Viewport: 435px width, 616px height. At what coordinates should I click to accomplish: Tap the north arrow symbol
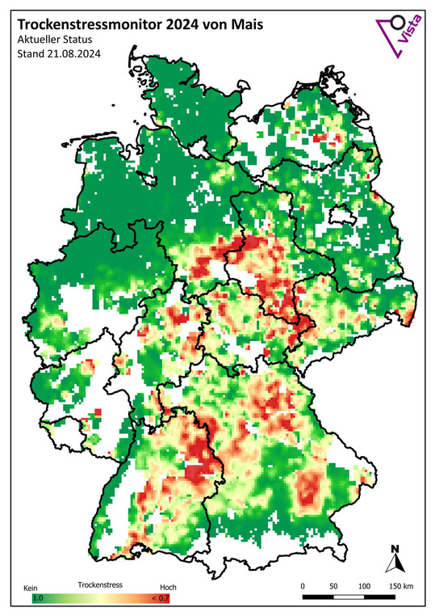(395, 564)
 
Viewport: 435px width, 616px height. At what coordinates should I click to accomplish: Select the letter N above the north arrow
(395, 549)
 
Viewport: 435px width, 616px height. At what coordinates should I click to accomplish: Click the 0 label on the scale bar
(303, 586)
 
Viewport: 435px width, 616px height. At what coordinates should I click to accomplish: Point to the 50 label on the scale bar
(333, 586)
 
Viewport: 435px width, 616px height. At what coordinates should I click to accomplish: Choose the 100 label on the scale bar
(364, 586)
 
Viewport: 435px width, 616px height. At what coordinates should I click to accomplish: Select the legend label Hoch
(168, 588)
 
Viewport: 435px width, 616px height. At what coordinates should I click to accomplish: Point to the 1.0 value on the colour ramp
(37, 598)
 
